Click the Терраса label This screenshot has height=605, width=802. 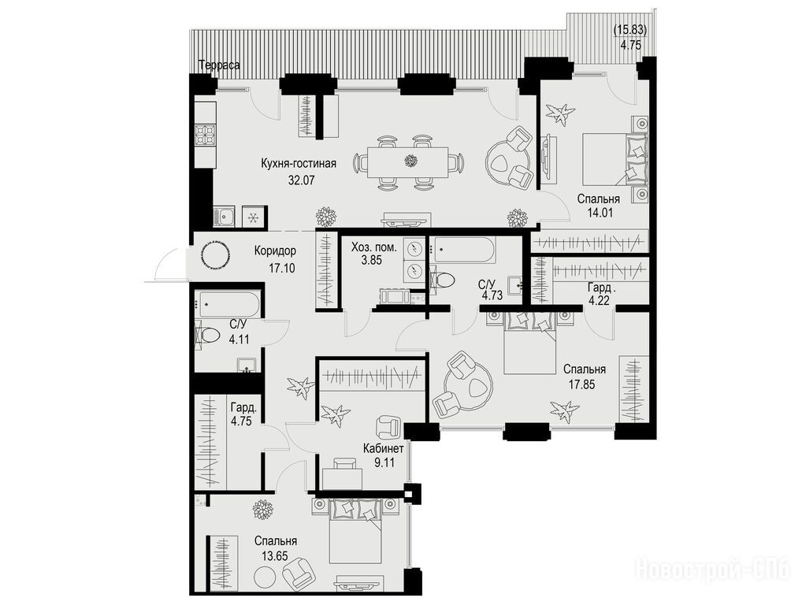pos(219,65)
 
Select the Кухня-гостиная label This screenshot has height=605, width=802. pos(299,164)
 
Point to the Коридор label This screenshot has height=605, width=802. pos(275,251)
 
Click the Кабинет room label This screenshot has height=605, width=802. pos(384,449)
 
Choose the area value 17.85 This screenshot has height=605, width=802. pos(582,384)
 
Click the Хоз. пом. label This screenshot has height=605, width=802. pos(374,247)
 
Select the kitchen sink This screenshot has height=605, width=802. pos(224,217)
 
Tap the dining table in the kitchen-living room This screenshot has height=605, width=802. pos(407,162)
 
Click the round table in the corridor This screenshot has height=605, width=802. pos(213,254)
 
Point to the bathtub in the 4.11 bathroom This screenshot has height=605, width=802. pos(228,306)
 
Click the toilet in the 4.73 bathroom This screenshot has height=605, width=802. pos(443,280)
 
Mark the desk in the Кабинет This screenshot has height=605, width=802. pos(343,477)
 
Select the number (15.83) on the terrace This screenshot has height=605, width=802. pos(630,30)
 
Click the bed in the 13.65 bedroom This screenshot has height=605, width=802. pos(355,532)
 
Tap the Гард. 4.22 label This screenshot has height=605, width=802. pos(599,294)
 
